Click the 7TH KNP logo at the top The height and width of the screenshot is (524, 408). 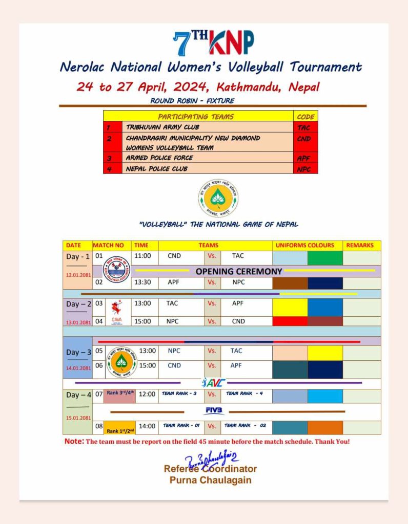[213, 43]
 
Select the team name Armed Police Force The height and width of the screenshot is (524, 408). [159, 158]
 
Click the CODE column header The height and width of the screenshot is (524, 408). [305, 116]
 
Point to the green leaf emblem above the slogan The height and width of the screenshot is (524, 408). [218, 198]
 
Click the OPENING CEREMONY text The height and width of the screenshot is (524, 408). [238, 271]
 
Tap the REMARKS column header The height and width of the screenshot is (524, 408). [360, 246]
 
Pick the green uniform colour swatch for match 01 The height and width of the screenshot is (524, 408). [324, 257]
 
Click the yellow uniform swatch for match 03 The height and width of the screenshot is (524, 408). [290, 307]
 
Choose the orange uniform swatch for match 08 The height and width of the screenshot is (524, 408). [325, 427]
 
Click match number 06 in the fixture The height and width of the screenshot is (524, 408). [99, 365]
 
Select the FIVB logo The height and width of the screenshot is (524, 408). [214, 411]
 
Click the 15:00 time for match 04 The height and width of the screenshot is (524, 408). [143, 321]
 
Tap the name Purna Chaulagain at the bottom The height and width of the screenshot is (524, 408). [210, 480]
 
